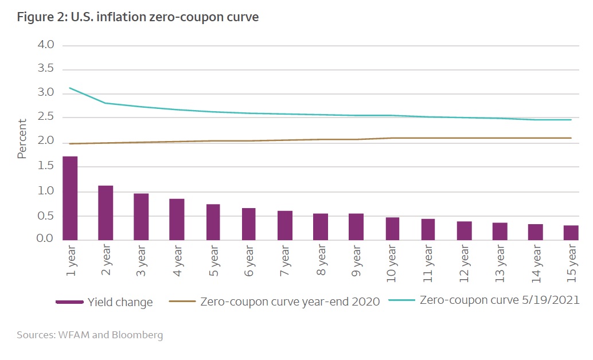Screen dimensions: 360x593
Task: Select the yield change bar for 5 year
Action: point(213,222)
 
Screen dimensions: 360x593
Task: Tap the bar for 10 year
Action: point(392,228)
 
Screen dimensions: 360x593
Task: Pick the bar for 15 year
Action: point(571,232)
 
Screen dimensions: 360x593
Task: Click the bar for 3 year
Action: point(141,216)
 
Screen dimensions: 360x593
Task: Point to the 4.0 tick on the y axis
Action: point(45,45)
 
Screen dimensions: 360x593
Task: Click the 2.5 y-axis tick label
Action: point(45,118)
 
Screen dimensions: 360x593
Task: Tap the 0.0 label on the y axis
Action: point(45,238)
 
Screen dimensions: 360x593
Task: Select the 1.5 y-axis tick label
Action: point(45,166)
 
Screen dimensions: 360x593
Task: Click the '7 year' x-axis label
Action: point(285,260)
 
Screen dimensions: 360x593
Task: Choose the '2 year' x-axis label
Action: point(106,260)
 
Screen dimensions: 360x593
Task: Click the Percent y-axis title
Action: point(22,139)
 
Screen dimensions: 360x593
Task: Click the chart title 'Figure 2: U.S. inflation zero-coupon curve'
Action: point(138,17)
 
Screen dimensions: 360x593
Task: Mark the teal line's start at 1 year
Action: point(69,88)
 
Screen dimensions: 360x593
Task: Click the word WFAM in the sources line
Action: point(74,335)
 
